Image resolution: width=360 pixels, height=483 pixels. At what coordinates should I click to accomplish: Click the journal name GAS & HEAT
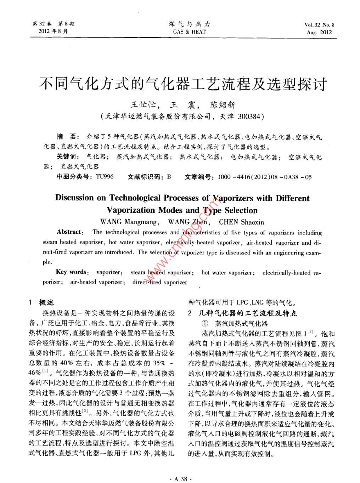click(x=189, y=32)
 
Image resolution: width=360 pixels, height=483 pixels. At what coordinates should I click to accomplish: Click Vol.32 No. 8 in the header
click(x=319, y=25)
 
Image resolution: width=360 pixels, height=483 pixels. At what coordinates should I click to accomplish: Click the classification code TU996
click(x=105, y=176)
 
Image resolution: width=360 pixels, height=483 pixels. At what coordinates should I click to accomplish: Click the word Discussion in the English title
click(x=75, y=198)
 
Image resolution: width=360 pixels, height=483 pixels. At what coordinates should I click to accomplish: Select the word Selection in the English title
click(x=241, y=210)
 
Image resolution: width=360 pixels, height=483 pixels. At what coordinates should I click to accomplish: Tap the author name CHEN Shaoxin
click(x=241, y=222)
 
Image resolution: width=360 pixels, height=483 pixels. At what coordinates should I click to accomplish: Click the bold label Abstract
click(x=69, y=232)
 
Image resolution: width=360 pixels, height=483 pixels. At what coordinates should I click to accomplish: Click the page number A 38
click(x=180, y=479)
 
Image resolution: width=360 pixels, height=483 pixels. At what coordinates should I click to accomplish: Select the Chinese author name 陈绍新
click(x=223, y=105)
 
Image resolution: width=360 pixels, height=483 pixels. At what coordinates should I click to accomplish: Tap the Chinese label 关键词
click(x=66, y=157)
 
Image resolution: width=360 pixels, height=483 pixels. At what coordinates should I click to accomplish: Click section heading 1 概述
click(x=41, y=302)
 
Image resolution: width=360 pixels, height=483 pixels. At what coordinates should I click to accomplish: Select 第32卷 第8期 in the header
click(x=53, y=24)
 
